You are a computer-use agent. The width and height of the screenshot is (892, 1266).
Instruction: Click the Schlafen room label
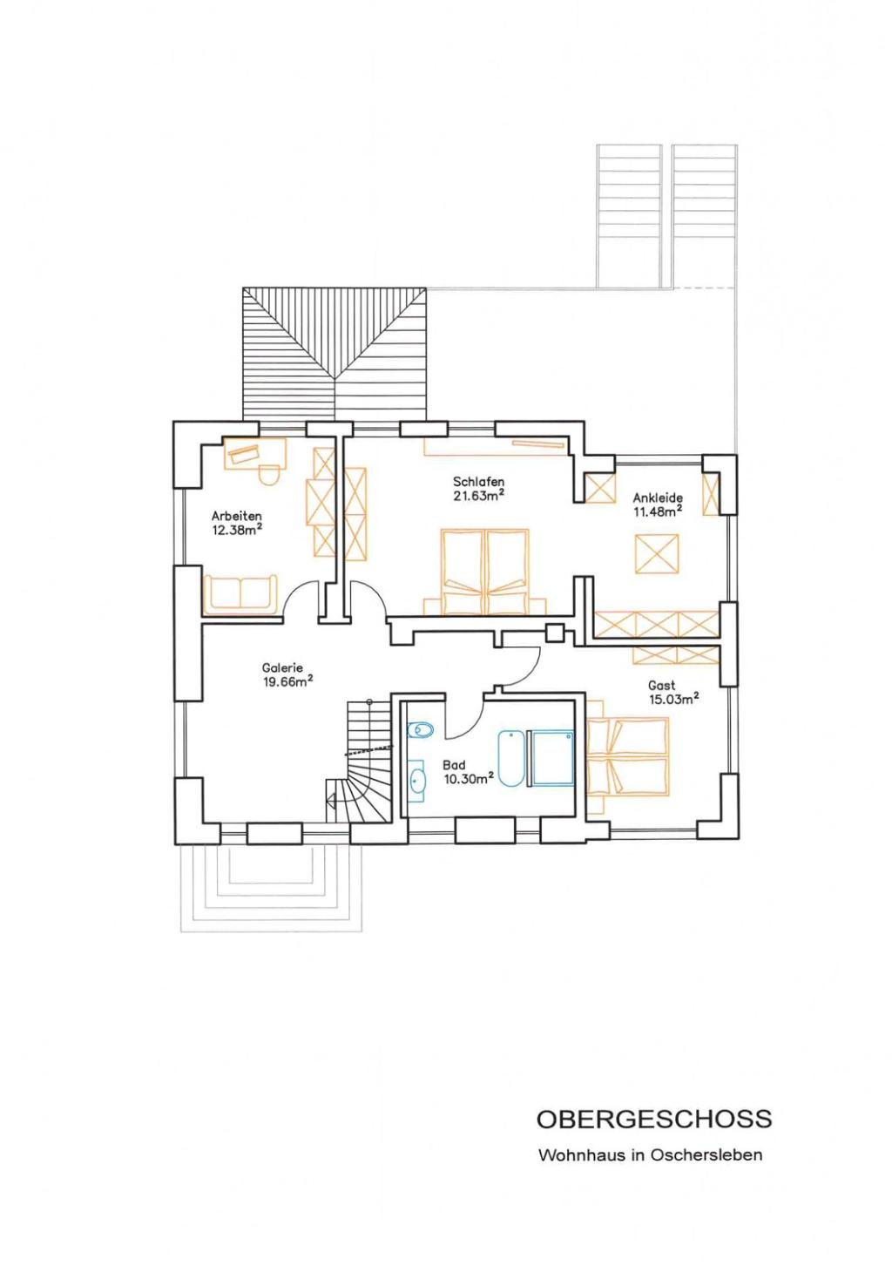tap(478, 482)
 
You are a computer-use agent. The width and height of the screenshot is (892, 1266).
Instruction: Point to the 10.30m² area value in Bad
tap(469, 778)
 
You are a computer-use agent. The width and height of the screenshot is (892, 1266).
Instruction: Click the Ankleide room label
tap(658, 498)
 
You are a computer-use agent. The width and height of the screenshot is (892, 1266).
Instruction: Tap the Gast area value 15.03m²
tap(674, 699)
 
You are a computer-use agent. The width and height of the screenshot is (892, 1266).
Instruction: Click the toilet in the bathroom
tap(420, 730)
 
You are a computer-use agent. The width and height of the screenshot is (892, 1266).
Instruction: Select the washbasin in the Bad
tap(418, 782)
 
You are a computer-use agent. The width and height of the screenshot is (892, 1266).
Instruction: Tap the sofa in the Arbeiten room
tap(240, 594)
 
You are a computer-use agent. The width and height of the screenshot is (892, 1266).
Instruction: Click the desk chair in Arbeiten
tap(269, 472)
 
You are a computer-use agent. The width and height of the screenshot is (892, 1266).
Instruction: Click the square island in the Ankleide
tap(657, 553)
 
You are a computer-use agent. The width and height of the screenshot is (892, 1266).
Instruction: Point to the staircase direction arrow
tap(332, 801)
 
